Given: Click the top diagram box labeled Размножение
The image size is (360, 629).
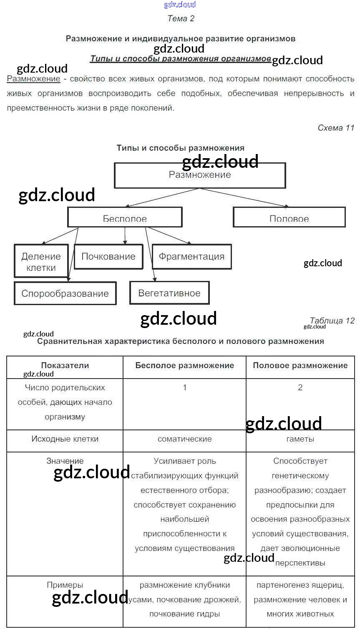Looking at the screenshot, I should (x=200, y=175).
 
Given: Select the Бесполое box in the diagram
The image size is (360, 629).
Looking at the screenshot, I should (x=125, y=218).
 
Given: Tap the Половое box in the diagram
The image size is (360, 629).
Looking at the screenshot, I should (x=289, y=218).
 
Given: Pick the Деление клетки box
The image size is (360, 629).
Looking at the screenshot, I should (x=41, y=262).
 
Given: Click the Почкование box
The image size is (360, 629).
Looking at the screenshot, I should (x=108, y=257).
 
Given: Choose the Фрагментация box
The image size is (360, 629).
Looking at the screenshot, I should (x=191, y=257).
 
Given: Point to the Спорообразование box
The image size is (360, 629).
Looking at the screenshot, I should (x=65, y=293).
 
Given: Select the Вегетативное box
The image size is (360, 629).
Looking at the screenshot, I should (x=169, y=293).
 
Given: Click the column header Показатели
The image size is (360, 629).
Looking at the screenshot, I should (x=65, y=366).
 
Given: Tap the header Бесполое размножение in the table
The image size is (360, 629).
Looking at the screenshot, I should (x=184, y=366).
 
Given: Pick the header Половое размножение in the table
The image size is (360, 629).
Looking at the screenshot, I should (x=300, y=366).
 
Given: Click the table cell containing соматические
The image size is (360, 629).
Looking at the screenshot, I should (x=184, y=439).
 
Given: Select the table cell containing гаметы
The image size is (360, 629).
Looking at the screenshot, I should (x=300, y=439).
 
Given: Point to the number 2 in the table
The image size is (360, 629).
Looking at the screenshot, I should (x=300, y=388).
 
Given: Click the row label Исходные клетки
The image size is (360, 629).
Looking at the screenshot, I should (x=65, y=439).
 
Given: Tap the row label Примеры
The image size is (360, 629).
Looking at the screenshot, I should (x=65, y=585).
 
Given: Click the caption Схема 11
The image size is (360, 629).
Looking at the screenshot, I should (x=336, y=128).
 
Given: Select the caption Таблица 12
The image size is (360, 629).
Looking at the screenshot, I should (x=332, y=321).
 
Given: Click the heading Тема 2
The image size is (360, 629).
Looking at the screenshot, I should (x=181, y=18).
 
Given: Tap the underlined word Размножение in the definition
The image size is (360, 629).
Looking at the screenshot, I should (x=34, y=79).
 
